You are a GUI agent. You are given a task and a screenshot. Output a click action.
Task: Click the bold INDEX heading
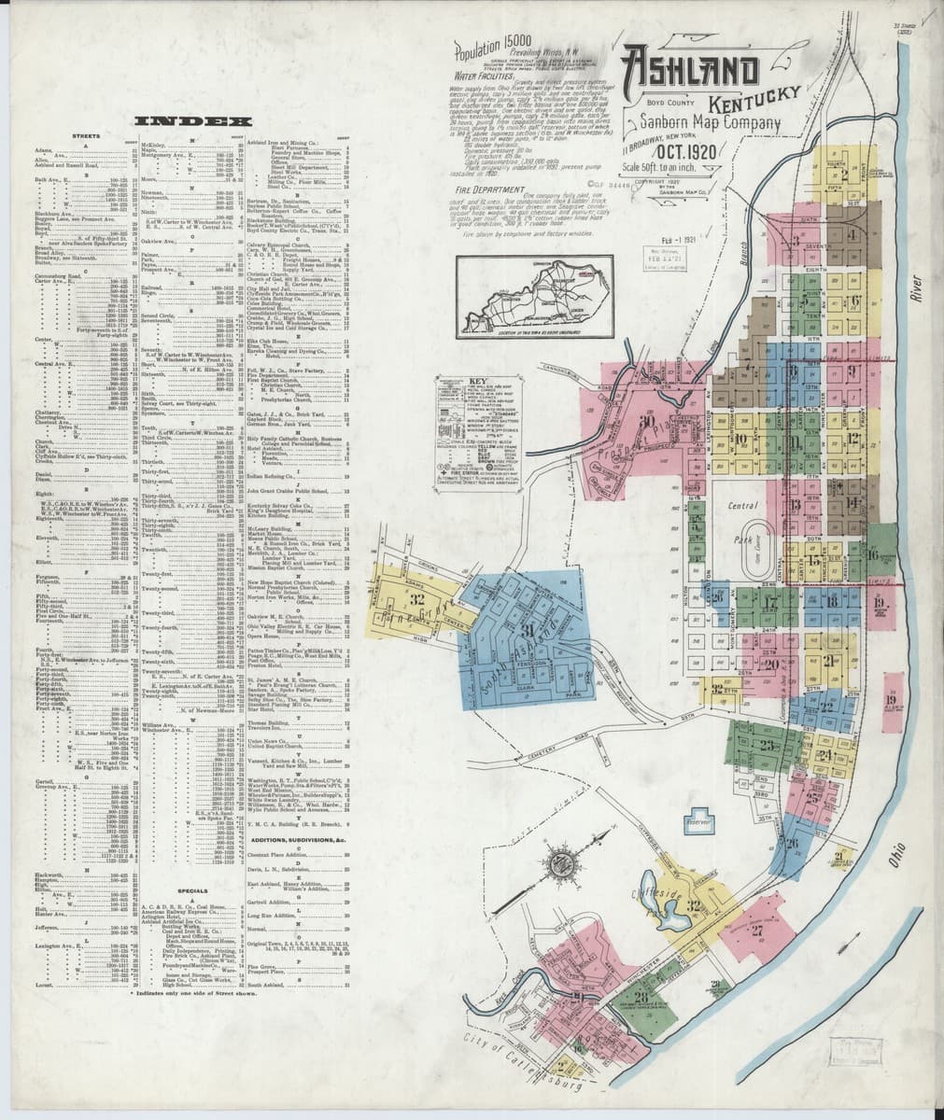click(x=192, y=120)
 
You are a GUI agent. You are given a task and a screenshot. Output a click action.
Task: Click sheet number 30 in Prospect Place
click(x=645, y=422)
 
